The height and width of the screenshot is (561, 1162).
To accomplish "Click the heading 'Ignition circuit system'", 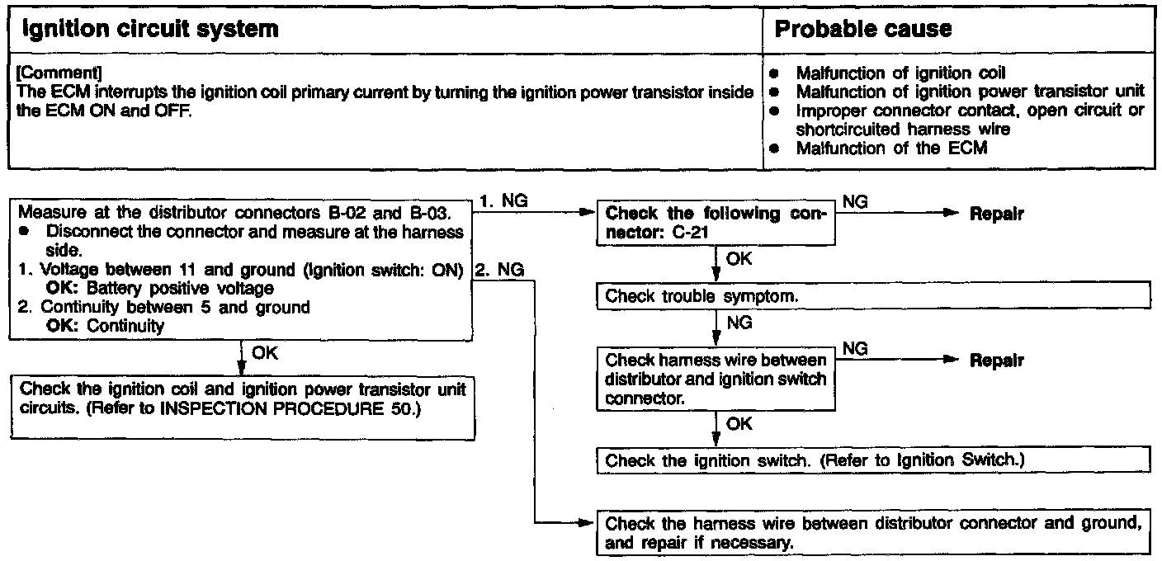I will point(149,30).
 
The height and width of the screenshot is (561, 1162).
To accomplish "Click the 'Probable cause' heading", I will point(862,30).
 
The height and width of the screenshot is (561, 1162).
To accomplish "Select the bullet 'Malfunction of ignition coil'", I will point(900,73).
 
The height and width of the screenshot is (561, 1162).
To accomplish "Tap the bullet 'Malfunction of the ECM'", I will point(891,148).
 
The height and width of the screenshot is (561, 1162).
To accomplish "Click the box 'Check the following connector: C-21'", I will point(715,222).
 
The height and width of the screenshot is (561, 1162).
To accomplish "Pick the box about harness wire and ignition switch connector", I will point(715,379).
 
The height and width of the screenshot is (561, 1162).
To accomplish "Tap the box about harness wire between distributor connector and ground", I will point(872,533).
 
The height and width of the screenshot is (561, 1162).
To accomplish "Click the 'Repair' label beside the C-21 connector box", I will point(997,214).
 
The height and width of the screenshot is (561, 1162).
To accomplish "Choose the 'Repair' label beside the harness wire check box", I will point(997,361).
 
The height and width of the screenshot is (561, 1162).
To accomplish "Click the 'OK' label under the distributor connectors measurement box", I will point(264,353).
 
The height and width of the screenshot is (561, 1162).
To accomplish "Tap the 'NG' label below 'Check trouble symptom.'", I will point(739,323).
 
